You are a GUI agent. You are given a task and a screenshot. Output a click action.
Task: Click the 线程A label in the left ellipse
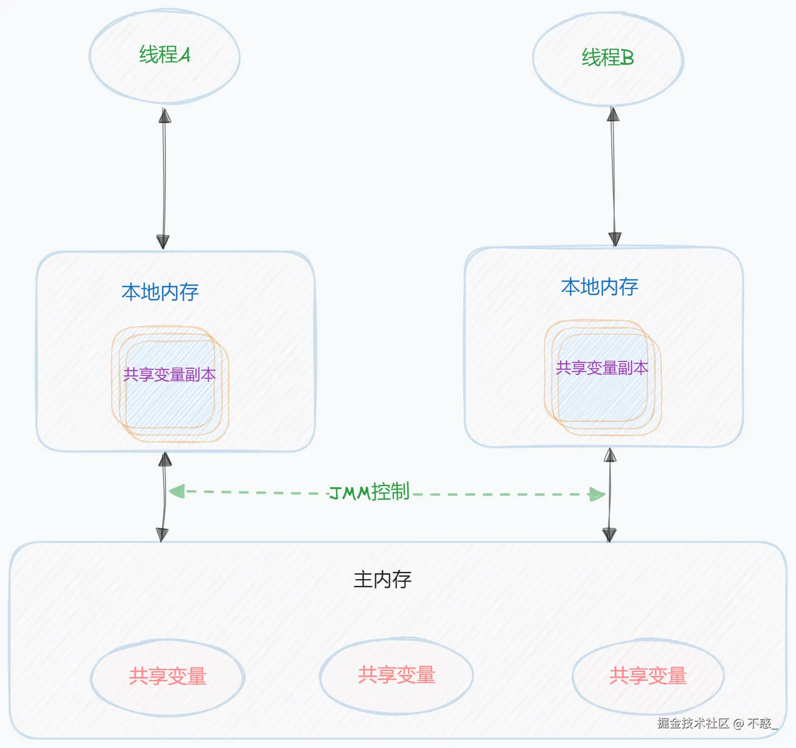pyautogui.click(x=165, y=55)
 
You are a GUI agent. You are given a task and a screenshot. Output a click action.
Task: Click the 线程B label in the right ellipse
pyautogui.click(x=607, y=58)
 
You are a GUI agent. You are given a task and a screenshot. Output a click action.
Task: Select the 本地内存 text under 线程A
pyautogui.click(x=160, y=292)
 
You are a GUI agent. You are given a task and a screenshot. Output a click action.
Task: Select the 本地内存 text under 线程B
pyautogui.click(x=600, y=287)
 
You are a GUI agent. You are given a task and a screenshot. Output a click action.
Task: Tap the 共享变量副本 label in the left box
pyautogui.click(x=169, y=374)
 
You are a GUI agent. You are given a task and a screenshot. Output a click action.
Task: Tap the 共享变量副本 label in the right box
pyautogui.click(x=602, y=368)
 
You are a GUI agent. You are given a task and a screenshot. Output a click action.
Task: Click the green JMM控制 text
pyautogui.click(x=369, y=492)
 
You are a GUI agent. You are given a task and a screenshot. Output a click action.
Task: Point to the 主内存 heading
pyautogui.click(x=382, y=579)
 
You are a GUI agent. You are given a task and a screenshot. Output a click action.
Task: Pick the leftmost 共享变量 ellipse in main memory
pyautogui.click(x=167, y=676)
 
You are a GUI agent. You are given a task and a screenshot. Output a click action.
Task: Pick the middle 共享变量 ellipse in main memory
pyautogui.click(x=397, y=675)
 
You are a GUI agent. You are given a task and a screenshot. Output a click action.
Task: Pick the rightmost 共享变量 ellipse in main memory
pyautogui.click(x=648, y=676)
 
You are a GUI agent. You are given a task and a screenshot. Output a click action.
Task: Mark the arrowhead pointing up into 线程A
pyautogui.click(x=165, y=116)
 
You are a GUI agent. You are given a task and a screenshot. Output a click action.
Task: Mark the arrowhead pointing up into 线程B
pyautogui.click(x=613, y=114)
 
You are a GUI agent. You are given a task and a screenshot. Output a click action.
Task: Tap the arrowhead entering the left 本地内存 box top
pyautogui.click(x=163, y=241)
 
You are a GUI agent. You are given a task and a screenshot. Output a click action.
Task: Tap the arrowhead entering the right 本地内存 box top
pyautogui.click(x=615, y=239)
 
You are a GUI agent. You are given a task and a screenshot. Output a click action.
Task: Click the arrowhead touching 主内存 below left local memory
pyautogui.click(x=162, y=535)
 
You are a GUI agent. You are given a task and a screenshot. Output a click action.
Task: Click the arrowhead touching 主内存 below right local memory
pyautogui.click(x=609, y=535)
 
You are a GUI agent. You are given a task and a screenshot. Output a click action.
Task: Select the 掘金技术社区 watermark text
pyautogui.click(x=693, y=723)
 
